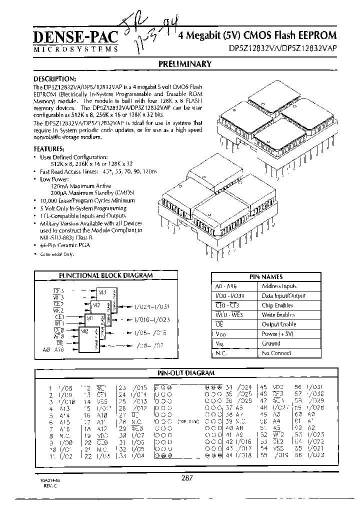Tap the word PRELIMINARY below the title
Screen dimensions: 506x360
(x=184, y=64)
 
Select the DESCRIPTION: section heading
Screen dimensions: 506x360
(x=54, y=79)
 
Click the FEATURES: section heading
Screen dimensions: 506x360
(x=48, y=149)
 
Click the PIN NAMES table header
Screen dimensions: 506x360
(x=266, y=276)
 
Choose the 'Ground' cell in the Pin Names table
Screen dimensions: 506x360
(x=271, y=343)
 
